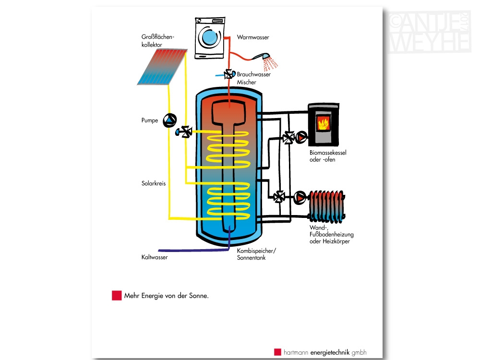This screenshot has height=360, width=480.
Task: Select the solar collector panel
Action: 162,67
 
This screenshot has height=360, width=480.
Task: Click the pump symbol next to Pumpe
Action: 169,120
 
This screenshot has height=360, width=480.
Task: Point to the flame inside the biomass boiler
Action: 323,124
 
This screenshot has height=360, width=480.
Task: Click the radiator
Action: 327,206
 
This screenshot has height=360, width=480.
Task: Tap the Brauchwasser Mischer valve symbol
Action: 229,74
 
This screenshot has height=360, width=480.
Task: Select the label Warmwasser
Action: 253,37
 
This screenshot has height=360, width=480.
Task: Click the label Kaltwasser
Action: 155,257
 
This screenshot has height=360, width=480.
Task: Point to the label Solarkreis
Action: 154,183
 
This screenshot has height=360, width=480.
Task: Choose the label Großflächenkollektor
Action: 157,41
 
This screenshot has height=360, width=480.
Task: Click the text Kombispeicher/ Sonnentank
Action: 256,254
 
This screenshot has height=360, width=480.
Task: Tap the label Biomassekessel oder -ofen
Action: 328,156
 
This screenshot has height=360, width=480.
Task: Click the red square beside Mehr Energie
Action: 117,295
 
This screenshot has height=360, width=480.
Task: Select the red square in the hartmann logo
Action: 277,352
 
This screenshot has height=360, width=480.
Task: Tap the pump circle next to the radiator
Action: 300,198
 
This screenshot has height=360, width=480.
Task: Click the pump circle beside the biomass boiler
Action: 301,137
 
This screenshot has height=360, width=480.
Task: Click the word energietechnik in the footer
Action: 330,352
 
